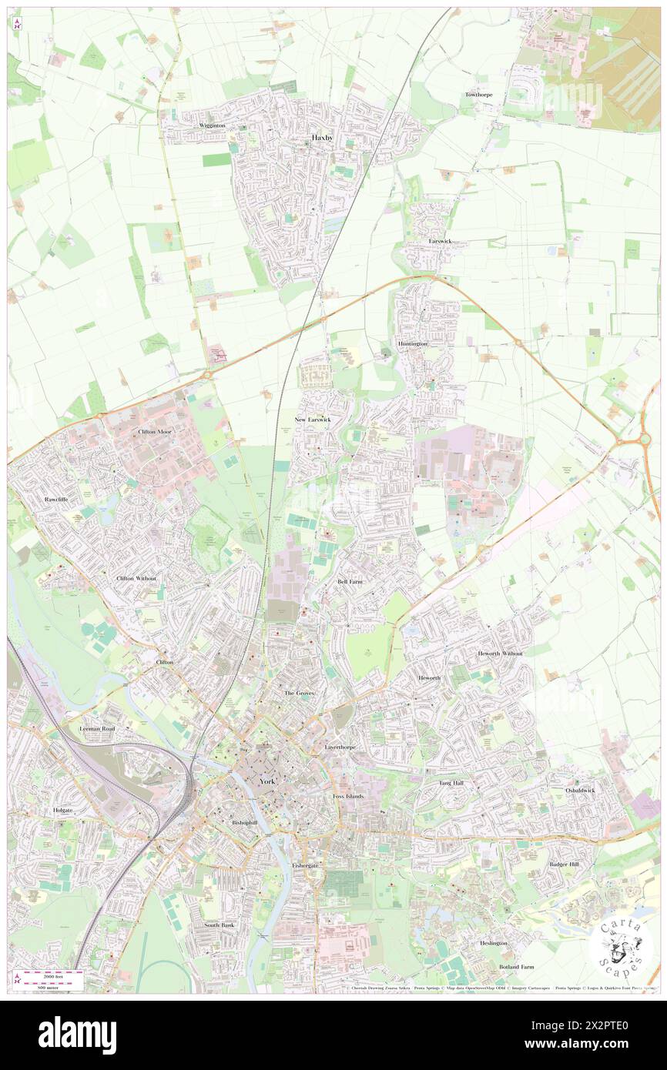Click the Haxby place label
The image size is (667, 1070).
[x=323, y=138]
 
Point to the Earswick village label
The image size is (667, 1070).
[x=441, y=241]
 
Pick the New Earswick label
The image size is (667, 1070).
[x=313, y=420]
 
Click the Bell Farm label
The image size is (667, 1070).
[x=350, y=582]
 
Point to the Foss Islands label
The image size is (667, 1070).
[x=348, y=796]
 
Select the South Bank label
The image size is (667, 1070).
[x=218, y=925]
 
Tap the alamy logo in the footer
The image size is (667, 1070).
[x=77, y=1035]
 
